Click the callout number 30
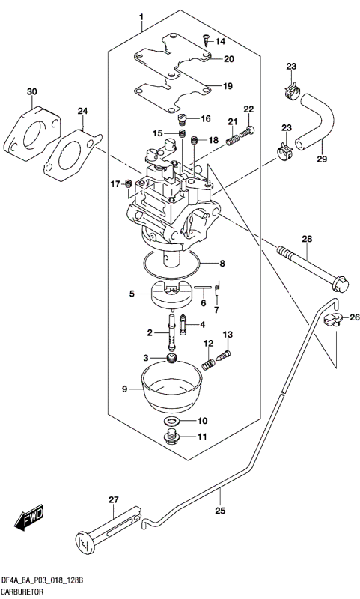pos(31,92)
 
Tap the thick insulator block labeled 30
pos(32,136)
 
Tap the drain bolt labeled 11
pos(171,437)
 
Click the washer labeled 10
pos(171,421)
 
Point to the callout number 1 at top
pos(140,16)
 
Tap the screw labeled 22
pos(248,131)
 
